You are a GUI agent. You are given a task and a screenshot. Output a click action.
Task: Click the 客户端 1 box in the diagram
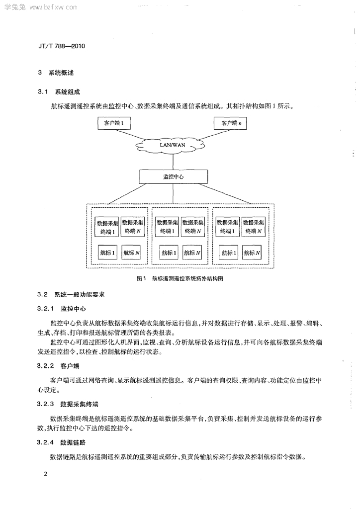113,123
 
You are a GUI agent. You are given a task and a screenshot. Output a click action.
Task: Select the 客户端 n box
230,123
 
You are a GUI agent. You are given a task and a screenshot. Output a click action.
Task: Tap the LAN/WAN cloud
173,145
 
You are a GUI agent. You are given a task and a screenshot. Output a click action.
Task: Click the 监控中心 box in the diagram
174,176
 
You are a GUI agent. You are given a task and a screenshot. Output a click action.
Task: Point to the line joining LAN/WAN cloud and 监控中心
173,162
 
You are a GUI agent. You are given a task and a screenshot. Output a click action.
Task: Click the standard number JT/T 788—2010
61,46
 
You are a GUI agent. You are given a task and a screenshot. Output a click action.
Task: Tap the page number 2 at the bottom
45,474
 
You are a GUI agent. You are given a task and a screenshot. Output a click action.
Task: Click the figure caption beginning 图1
180,278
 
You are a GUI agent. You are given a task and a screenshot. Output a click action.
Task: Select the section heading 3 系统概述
56,73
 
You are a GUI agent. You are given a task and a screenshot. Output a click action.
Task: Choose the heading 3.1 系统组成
59,92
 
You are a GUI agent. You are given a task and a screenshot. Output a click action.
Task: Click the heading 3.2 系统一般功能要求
71,295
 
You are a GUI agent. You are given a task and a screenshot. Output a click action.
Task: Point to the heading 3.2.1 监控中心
61,309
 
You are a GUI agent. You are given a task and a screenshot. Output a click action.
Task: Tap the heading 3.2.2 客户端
58,366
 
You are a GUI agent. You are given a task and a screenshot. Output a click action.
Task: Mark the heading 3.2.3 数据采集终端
68,404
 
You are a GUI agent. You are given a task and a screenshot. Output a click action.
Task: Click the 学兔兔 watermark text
15,7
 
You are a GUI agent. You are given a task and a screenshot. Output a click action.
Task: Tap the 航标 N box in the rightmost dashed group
252,253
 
